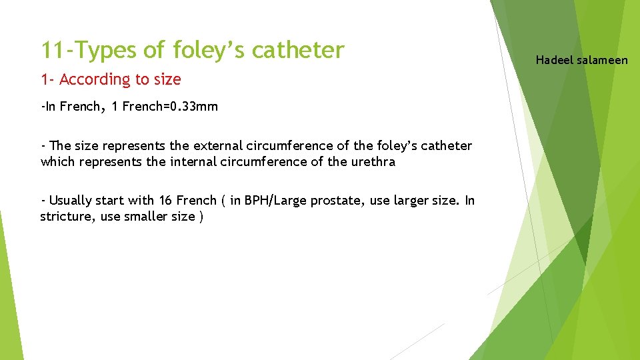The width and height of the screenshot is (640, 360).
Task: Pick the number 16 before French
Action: (x=166, y=200)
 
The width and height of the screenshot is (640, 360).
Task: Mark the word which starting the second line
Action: (x=56, y=161)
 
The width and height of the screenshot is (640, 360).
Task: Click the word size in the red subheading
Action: (x=167, y=79)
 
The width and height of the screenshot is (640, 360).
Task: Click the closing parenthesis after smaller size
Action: (x=201, y=217)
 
